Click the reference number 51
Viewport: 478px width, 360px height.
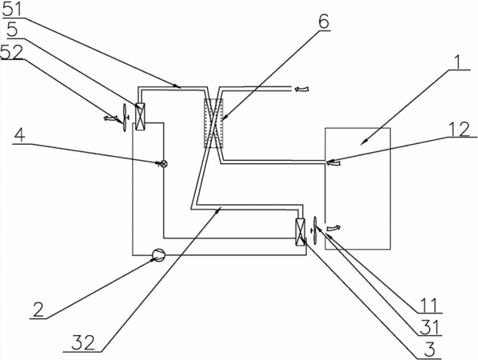click(x=12, y=10)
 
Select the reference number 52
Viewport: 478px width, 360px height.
click(x=12, y=52)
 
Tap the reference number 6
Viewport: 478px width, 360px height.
click(x=324, y=22)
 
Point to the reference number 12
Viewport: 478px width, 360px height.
click(x=460, y=129)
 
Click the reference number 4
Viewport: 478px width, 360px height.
click(x=20, y=135)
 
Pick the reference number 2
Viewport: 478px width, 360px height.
click(x=38, y=310)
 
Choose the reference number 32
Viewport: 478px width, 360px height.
click(x=83, y=343)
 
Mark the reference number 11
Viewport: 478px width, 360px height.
click(x=428, y=306)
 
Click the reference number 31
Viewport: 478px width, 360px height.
click(x=428, y=328)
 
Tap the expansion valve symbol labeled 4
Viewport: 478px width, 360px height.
click(x=164, y=164)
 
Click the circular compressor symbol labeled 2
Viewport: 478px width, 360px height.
click(x=158, y=254)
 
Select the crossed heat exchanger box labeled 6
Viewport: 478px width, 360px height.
click(x=213, y=123)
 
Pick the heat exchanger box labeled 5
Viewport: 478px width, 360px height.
click(x=140, y=117)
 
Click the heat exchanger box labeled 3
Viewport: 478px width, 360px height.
click(x=300, y=233)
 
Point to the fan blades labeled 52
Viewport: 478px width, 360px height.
click(x=125, y=118)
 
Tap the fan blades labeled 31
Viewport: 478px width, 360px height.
click(x=315, y=230)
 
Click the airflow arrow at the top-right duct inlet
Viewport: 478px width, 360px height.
click(x=301, y=89)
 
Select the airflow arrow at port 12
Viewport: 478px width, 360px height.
click(x=333, y=164)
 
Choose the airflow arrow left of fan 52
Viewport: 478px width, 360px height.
click(x=110, y=118)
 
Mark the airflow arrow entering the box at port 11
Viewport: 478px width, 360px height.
click(x=333, y=227)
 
